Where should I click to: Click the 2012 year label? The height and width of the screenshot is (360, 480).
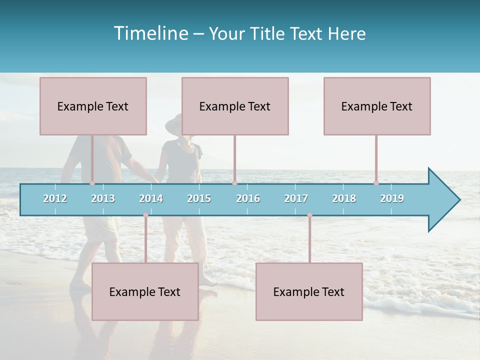pos(55,198)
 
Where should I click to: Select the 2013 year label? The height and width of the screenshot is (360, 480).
pos(103,198)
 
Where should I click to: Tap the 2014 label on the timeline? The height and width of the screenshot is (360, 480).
pos(151,198)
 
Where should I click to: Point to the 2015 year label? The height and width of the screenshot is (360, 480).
pos(199,198)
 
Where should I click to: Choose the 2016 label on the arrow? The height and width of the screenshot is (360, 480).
pos(248,198)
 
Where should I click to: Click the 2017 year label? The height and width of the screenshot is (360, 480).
pos(296,198)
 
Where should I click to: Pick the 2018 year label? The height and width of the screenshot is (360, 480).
pos(344,198)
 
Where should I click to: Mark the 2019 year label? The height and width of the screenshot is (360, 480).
pos(392,198)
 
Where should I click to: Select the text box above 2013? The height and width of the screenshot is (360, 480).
pos(93,106)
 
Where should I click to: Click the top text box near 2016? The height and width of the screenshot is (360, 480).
pos(235,106)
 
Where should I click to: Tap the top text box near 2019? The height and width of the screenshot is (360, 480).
pos(377,106)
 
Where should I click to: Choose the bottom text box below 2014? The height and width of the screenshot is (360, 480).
pos(145,291)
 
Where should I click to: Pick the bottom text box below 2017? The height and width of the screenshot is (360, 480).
pos(309,291)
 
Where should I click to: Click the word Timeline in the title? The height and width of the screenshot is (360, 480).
pos(150,33)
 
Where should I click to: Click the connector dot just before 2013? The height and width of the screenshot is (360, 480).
pos(92,183)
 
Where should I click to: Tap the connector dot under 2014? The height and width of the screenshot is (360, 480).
pos(145,215)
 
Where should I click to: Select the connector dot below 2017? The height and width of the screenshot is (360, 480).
pos(309,215)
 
